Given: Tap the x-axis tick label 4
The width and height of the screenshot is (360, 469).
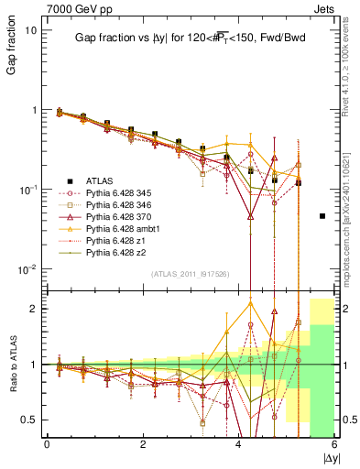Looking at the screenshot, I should pyautogui.click(x=238, y=443).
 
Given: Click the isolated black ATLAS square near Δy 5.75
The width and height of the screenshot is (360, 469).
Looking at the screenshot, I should pyautogui.click(x=322, y=216).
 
